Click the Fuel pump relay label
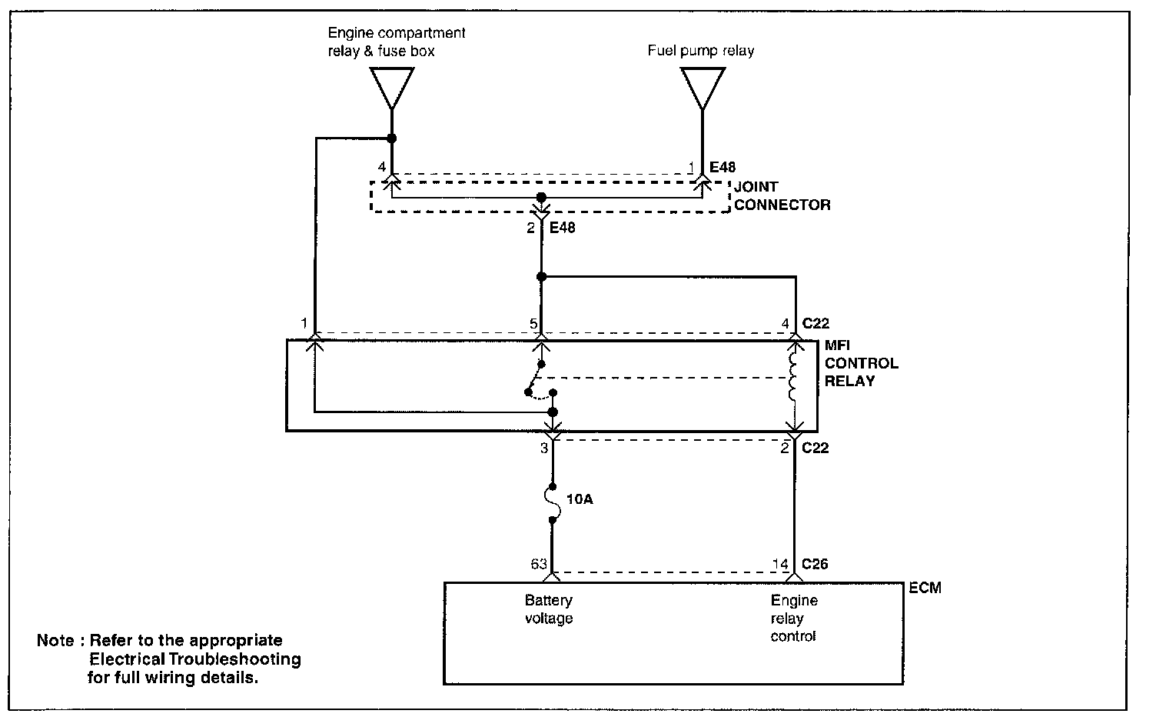[700, 51]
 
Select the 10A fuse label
[580, 499]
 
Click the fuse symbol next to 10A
[552, 504]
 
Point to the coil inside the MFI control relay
[794, 378]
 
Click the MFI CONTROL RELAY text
[861, 363]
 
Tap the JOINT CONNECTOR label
[782, 195]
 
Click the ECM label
[924, 588]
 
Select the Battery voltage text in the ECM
[549, 609]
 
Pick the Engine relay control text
[793, 618]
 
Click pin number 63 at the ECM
[537, 564]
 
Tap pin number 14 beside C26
[780, 564]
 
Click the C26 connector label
[815, 564]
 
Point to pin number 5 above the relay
[533, 324]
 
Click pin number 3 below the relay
[543, 448]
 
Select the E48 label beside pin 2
[562, 228]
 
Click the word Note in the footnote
[55, 641]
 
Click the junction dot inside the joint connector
[541, 198]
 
